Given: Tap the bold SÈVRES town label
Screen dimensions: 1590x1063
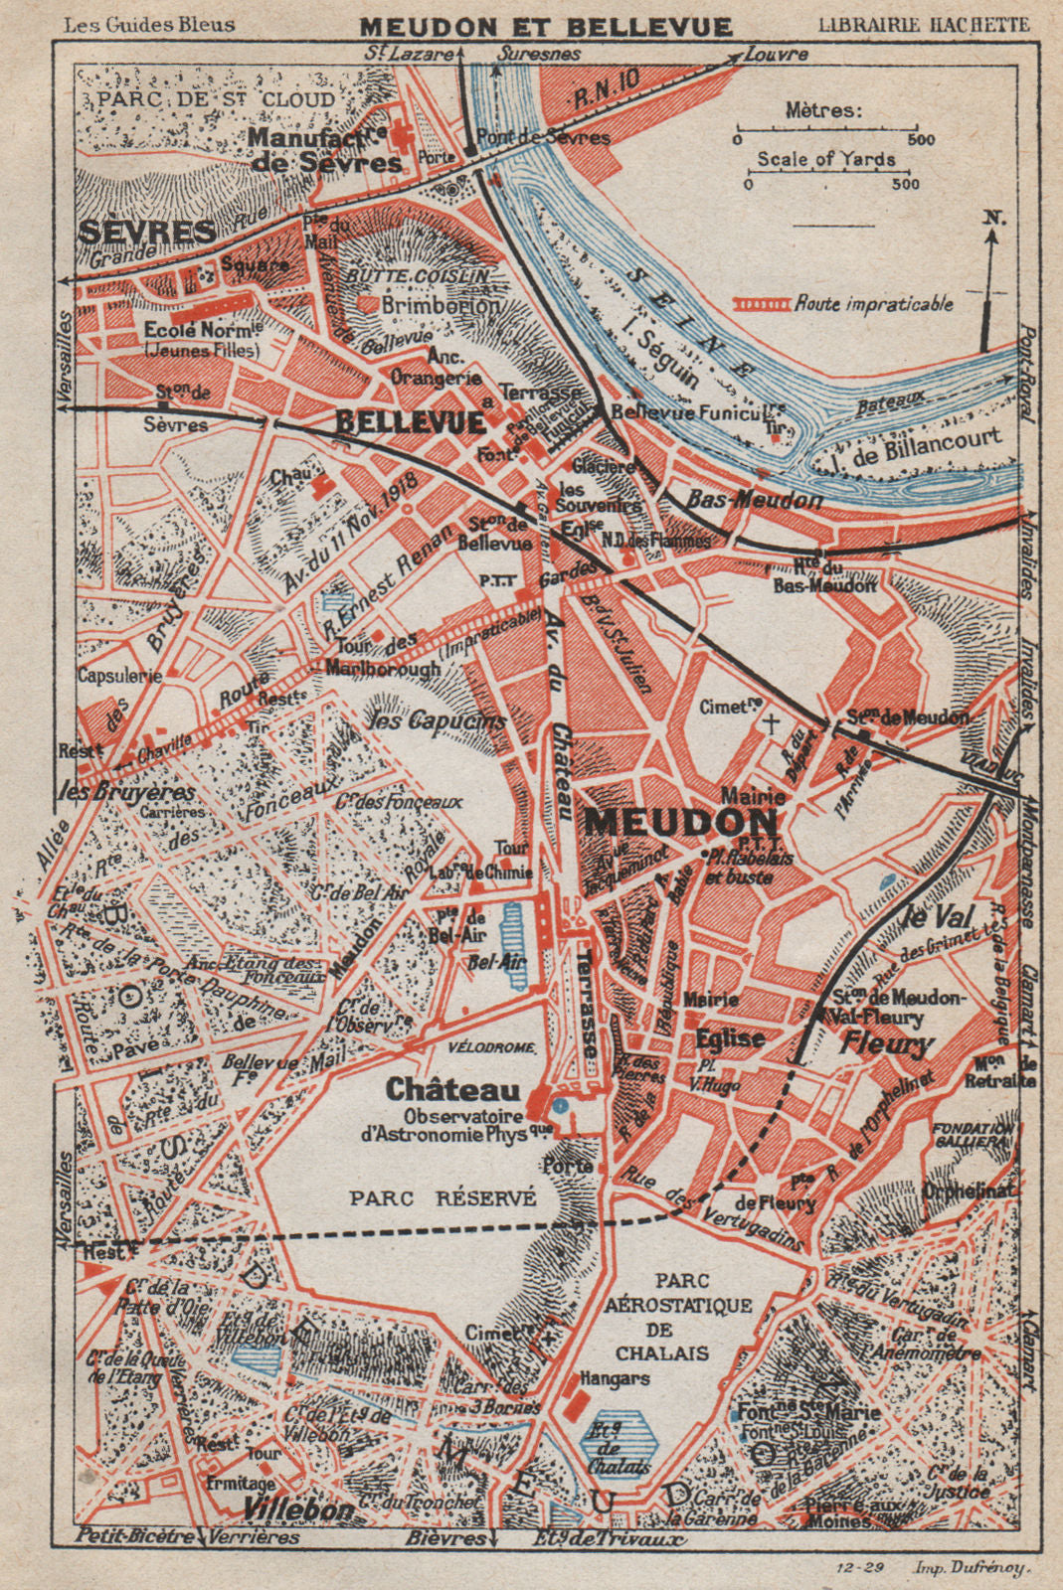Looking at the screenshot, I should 146,233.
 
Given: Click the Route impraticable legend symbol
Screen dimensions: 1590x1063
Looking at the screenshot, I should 762,304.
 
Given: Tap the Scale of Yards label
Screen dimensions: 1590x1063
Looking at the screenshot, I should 825,159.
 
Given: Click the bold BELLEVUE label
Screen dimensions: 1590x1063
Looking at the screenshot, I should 410,421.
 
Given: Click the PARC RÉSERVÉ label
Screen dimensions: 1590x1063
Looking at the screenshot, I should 443,1198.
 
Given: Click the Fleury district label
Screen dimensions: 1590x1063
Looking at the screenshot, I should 886,1043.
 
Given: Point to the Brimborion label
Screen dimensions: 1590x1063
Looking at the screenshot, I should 442,306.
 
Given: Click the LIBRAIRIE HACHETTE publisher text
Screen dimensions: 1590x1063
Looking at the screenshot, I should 923,25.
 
